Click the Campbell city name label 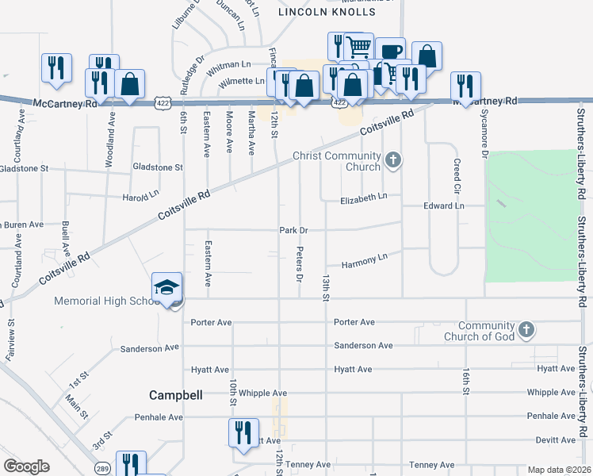pyautogui.click(x=176, y=394)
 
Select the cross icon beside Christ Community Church pyautogui.click(x=392, y=161)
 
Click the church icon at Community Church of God pyautogui.click(x=525, y=330)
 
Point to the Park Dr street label pyautogui.click(x=293, y=230)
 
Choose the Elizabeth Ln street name pyautogui.click(x=364, y=198)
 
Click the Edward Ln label pyautogui.click(x=443, y=205)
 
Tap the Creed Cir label pyautogui.click(x=457, y=176)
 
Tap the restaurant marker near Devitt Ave pyautogui.click(x=243, y=433)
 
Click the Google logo pyautogui.click(x=26, y=466)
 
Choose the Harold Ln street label pyautogui.click(x=140, y=196)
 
